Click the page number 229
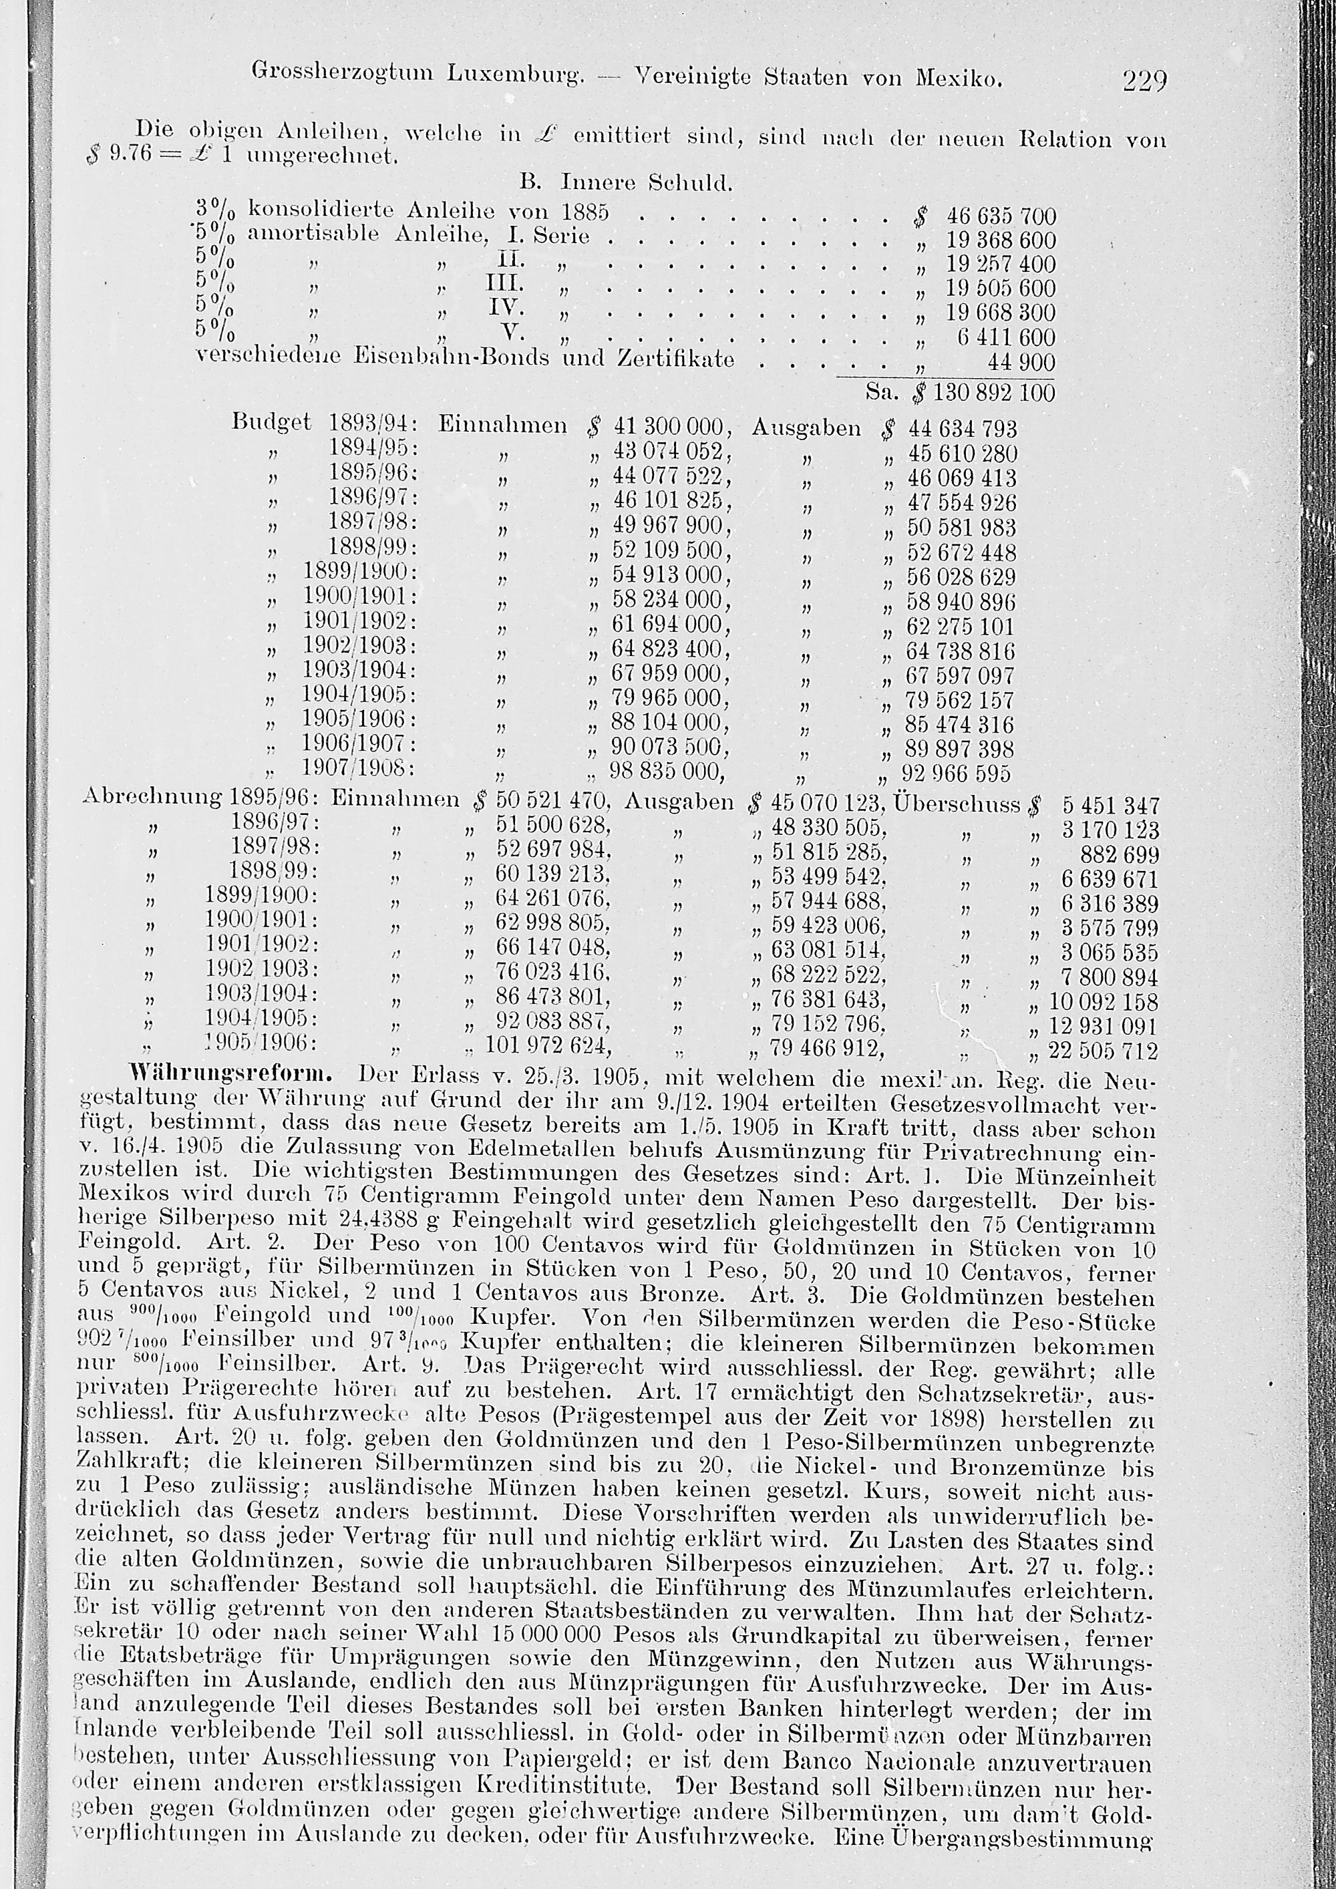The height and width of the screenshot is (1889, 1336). coord(1144,81)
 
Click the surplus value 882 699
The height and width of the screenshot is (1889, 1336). coord(1112,855)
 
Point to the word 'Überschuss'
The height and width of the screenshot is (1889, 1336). coord(956,803)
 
